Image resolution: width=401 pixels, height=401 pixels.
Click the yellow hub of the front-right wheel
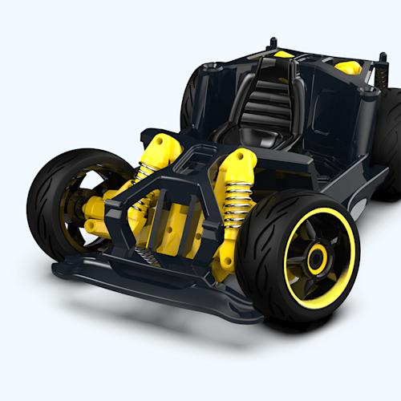point(317,258)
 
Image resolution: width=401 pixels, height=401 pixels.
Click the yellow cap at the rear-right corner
point(346,65)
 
